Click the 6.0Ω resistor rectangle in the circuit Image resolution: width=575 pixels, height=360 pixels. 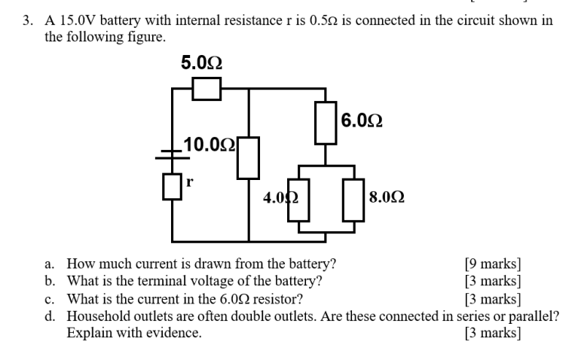pos(326,122)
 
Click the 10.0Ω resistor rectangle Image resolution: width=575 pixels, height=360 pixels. pos(249,158)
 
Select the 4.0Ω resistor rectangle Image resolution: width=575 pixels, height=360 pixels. pos(299,199)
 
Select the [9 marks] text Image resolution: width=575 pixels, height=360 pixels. pos(494,264)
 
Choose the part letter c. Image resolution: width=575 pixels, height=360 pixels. pos(48,298)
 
